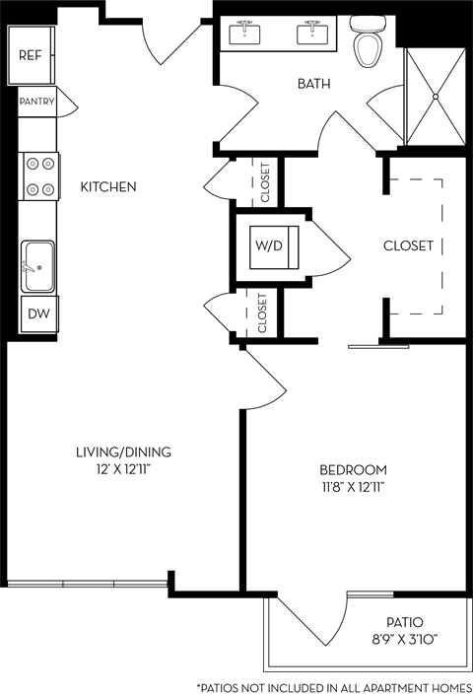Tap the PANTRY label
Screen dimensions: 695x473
[x=35, y=101]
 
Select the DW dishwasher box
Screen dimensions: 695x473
[x=37, y=314]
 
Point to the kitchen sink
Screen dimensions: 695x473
[x=37, y=265]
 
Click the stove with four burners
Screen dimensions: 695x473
[x=39, y=175]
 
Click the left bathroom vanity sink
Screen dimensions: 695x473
[x=244, y=34]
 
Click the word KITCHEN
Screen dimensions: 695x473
[x=108, y=186]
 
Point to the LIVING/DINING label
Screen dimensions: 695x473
[x=123, y=452]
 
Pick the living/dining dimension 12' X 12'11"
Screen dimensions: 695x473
[x=123, y=469]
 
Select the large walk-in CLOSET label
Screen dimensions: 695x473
[x=408, y=245]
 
